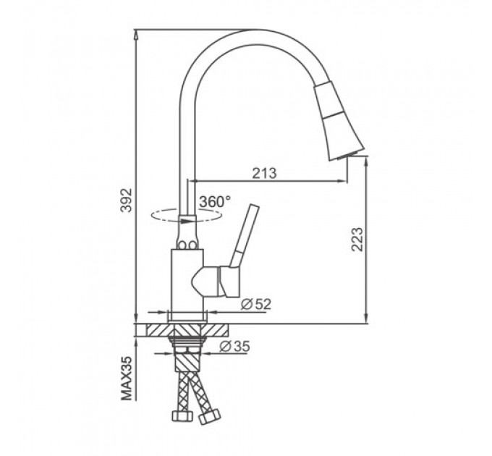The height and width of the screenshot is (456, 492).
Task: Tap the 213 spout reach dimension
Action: [265, 173]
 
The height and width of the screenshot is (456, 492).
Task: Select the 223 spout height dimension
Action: [357, 239]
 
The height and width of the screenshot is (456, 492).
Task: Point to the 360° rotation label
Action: [215, 201]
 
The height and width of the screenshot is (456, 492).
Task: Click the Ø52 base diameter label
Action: [255, 304]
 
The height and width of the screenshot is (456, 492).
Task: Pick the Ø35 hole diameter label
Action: [234, 346]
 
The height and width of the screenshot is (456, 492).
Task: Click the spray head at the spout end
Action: [337, 122]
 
